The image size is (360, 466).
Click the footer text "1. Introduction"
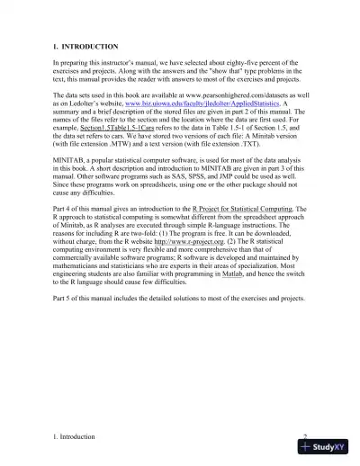[74, 436]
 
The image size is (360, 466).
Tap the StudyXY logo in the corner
[326, 446]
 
